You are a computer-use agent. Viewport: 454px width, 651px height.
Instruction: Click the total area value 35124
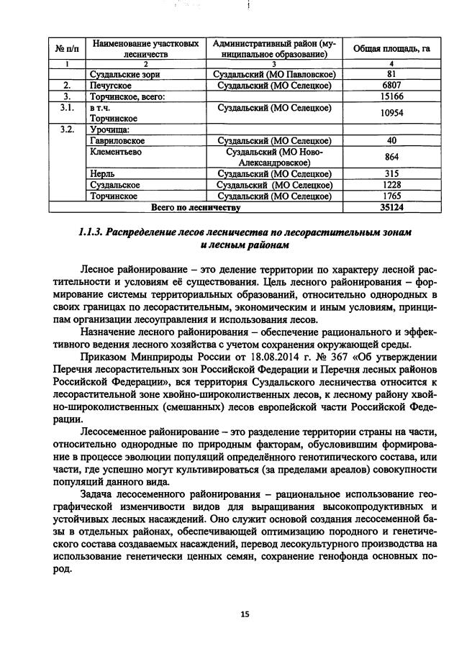pos(391,207)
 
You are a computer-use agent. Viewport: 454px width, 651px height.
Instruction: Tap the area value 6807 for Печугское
pos(391,85)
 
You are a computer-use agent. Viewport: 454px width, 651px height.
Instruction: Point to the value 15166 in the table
pos(391,96)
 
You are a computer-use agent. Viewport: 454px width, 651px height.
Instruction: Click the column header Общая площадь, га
pos(391,48)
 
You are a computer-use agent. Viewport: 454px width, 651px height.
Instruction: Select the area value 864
pos(391,158)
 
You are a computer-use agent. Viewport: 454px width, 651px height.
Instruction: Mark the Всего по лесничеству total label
pos(195,207)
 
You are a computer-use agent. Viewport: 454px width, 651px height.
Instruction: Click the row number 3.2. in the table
pos(66,130)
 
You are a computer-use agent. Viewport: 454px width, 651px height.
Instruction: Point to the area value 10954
pos(391,113)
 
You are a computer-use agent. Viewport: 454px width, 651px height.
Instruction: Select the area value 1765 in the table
pos(391,196)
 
